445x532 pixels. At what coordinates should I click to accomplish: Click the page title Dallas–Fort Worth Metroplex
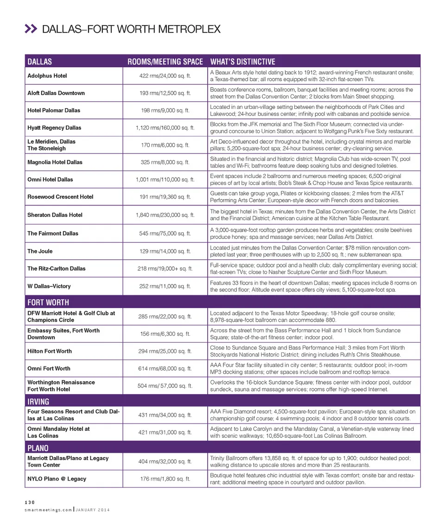click(x=131, y=29)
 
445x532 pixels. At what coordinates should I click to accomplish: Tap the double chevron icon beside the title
click(x=30, y=29)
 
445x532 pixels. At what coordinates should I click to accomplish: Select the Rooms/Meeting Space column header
click(x=165, y=62)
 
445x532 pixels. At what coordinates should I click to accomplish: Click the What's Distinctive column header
click(x=242, y=62)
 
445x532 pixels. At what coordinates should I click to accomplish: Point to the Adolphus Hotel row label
click(x=47, y=76)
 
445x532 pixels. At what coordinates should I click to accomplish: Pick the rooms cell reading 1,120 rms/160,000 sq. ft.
click(x=165, y=128)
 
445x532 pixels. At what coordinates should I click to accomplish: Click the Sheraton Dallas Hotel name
click(x=55, y=215)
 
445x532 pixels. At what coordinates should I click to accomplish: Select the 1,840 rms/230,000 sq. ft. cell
click(x=165, y=215)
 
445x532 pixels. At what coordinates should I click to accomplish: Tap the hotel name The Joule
click(x=40, y=251)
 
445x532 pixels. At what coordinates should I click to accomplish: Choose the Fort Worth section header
click(x=48, y=302)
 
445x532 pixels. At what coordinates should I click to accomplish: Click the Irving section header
click(x=38, y=401)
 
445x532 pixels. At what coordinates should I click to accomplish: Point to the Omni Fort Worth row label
click(x=49, y=368)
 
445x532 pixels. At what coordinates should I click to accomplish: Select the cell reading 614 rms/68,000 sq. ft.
click(x=165, y=368)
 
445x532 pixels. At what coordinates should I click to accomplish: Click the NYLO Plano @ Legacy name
click(x=57, y=479)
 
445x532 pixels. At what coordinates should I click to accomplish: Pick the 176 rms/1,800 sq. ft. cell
click(x=165, y=479)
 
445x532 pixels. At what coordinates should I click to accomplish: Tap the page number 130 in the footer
click(x=30, y=502)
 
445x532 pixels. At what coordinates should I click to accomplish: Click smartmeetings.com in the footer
click(x=48, y=510)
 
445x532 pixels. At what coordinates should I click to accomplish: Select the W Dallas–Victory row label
click(x=49, y=286)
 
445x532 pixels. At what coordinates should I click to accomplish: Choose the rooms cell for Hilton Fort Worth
click(x=165, y=351)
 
